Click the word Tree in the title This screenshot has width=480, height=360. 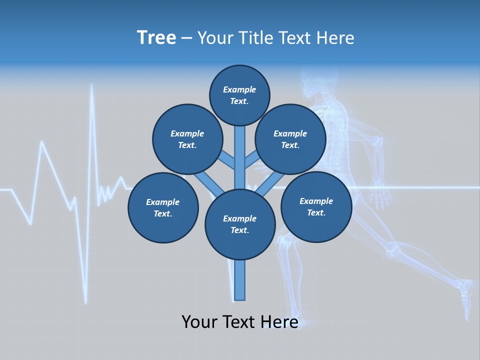click(x=156, y=37)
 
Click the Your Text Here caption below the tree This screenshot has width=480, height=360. click(x=239, y=322)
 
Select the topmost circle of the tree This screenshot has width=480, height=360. click(x=239, y=95)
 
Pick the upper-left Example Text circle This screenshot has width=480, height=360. click(x=187, y=139)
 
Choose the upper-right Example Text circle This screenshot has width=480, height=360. click(x=290, y=139)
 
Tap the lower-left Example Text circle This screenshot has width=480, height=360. click(x=163, y=207)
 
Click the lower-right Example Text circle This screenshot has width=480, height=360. click(x=316, y=206)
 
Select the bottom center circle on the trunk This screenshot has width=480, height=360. click(x=240, y=224)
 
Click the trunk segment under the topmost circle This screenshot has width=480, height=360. click(x=240, y=150)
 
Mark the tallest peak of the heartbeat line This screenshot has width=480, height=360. click(x=92, y=86)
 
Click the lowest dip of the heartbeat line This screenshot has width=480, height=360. click(x=85, y=301)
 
